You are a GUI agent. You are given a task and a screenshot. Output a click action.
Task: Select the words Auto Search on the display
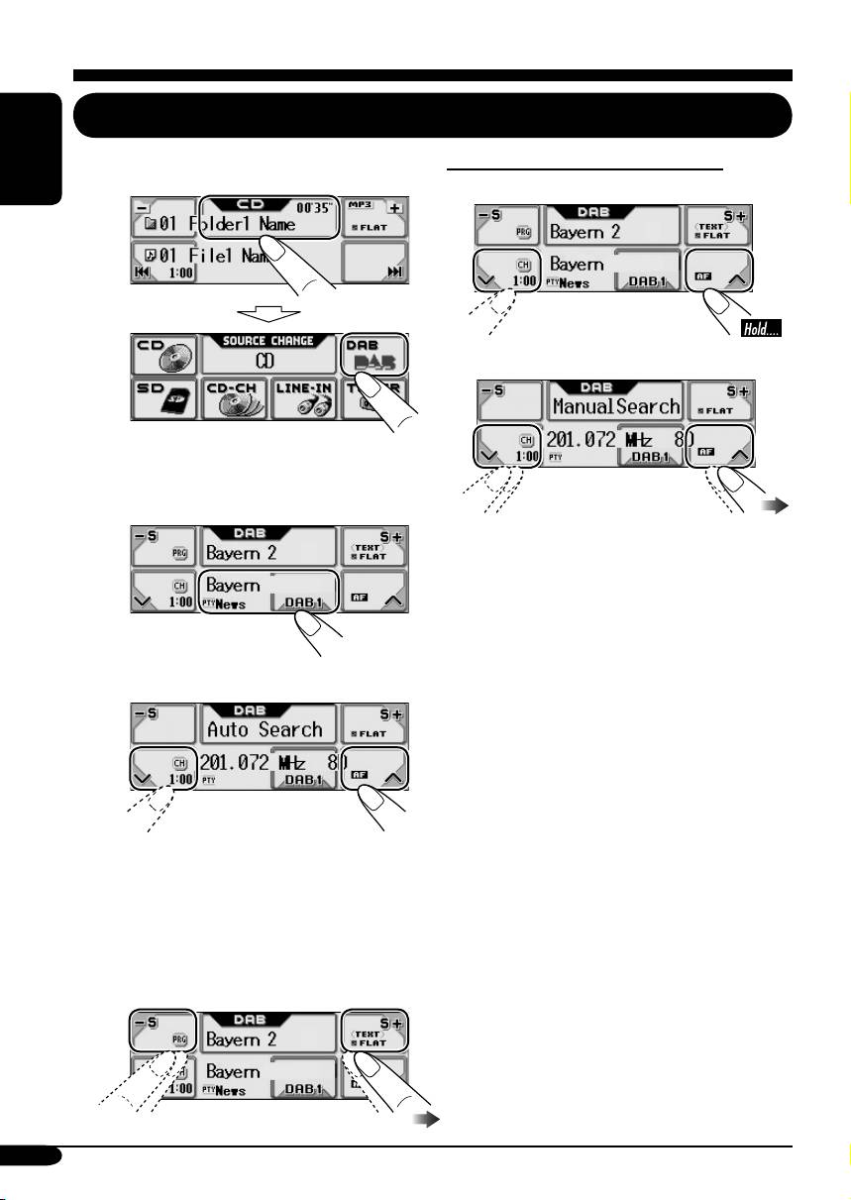click(x=265, y=730)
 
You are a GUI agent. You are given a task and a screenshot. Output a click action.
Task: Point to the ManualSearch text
click(x=616, y=406)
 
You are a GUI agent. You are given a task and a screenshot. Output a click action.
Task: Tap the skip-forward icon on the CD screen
click(x=396, y=273)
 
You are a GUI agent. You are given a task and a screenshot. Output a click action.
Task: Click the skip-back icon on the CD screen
click(x=142, y=273)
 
